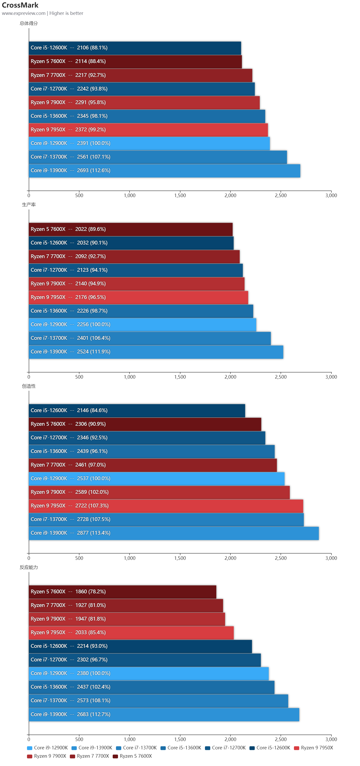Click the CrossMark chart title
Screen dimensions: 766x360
20,5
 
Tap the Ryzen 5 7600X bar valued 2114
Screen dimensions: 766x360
135,62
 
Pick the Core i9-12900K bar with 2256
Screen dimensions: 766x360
142,325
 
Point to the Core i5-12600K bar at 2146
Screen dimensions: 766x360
137,411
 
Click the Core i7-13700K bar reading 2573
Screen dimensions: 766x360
158,700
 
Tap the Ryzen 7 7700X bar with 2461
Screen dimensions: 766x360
153,465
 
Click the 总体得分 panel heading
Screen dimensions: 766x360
28,23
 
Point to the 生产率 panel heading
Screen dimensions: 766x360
28,205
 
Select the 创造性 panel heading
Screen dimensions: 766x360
28,386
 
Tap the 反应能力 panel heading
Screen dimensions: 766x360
28,567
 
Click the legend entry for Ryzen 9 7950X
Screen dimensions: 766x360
317,748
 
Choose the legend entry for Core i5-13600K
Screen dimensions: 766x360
184,748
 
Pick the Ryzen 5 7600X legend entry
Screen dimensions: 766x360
135,756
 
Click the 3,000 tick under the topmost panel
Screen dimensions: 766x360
331,196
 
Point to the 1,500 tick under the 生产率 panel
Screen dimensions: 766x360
180,377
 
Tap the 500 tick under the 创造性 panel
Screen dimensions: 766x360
79,558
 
